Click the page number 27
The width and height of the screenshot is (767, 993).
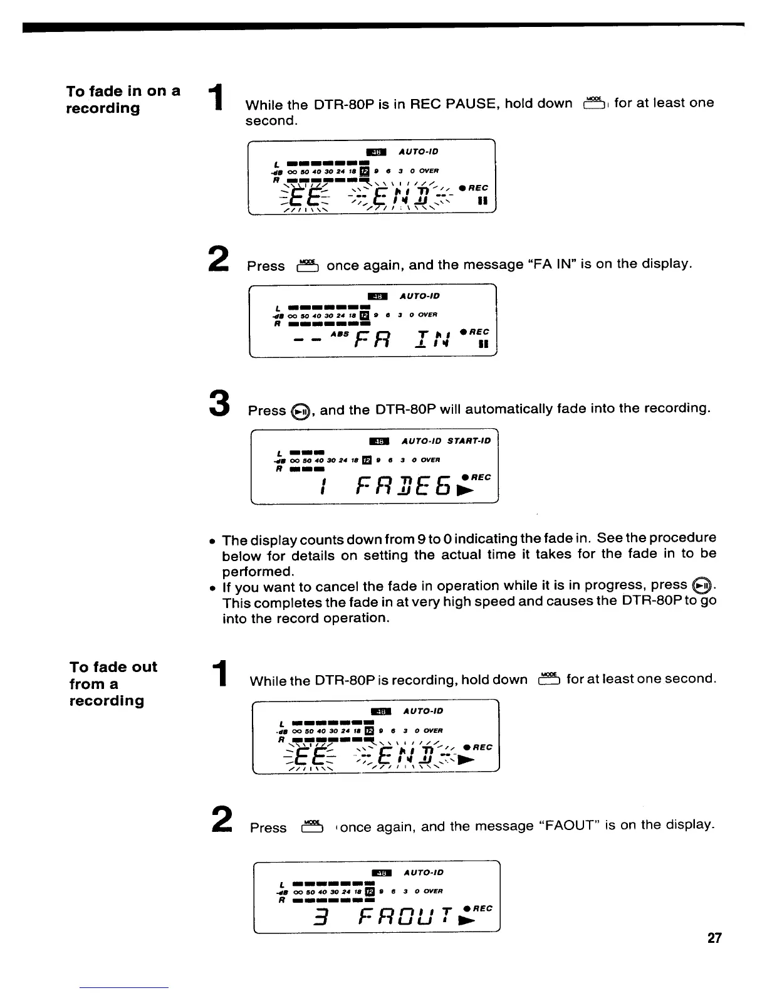click(714, 938)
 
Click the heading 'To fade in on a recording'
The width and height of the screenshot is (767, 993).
click(123, 99)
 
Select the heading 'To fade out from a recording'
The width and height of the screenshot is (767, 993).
click(113, 683)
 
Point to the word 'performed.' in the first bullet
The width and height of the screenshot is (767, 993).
click(258, 572)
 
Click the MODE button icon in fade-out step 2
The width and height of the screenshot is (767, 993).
click(311, 827)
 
